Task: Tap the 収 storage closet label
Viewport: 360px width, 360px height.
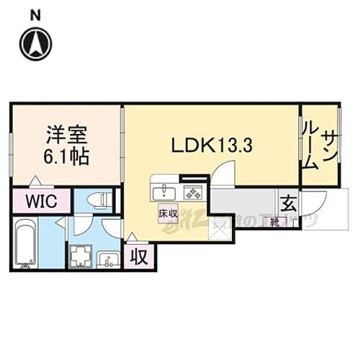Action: tap(137, 256)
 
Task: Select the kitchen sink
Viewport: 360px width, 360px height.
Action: tap(164, 192)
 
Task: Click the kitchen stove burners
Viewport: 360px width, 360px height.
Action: tap(191, 192)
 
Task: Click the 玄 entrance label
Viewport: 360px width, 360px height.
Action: tap(287, 202)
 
